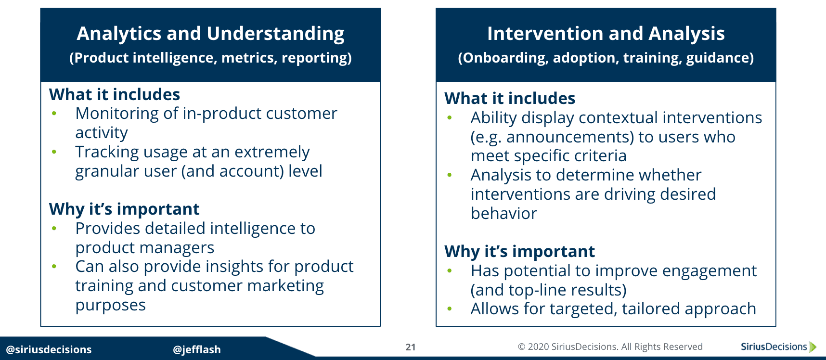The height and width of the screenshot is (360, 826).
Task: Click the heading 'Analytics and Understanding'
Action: pyautogui.click(x=210, y=34)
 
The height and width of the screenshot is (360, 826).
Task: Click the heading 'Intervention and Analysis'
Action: pyautogui.click(x=606, y=34)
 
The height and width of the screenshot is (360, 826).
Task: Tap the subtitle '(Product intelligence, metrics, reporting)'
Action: pyautogui.click(x=210, y=58)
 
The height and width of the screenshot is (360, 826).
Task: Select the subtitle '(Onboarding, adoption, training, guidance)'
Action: pyautogui.click(x=606, y=58)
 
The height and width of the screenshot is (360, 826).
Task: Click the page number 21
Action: pyautogui.click(x=410, y=347)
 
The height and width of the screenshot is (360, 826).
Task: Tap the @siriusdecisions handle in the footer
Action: pyautogui.click(x=49, y=349)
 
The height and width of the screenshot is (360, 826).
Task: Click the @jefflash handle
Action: pyautogui.click(x=196, y=349)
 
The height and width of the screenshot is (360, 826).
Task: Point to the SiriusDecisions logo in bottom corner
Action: pyautogui.click(x=778, y=347)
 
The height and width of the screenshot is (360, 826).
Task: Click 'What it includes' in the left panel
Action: pyautogui.click(x=115, y=94)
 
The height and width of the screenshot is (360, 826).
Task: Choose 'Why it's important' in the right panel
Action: pyautogui.click(x=519, y=251)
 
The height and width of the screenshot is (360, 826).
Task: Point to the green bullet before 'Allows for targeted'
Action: pyautogui.click(x=449, y=309)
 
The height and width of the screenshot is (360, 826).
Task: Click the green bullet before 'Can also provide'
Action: pyautogui.click(x=54, y=267)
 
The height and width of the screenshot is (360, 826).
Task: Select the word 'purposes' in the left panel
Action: pyautogui.click(x=110, y=306)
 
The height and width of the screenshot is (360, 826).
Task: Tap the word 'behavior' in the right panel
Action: pyautogui.click(x=503, y=214)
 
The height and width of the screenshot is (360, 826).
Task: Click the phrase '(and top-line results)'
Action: pyautogui.click(x=548, y=290)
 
